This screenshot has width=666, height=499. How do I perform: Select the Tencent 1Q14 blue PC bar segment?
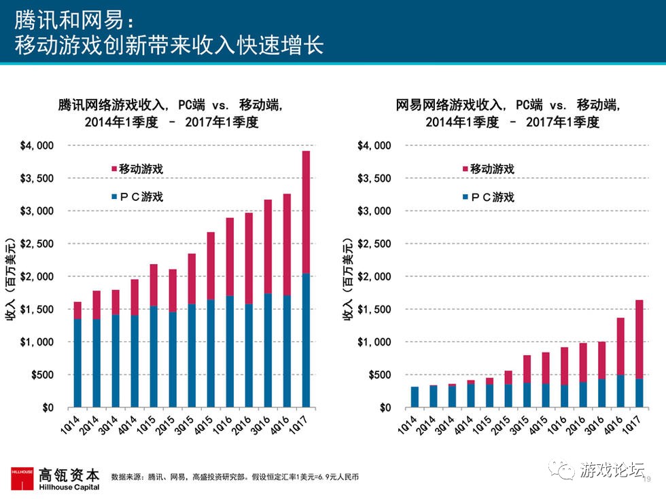click(x=77, y=363)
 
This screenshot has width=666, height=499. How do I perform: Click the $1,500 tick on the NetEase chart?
click(x=374, y=310)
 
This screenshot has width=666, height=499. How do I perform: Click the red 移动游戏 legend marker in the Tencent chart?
click(x=113, y=169)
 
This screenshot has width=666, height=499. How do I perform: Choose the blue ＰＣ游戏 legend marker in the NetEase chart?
click(x=465, y=198)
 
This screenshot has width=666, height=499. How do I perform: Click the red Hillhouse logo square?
click(x=21, y=478)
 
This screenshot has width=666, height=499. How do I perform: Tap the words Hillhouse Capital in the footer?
click(x=69, y=487)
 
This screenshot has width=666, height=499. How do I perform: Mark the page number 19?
click(x=647, y=479)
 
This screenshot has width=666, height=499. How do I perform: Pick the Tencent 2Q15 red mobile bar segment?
click(x=173, y=291)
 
